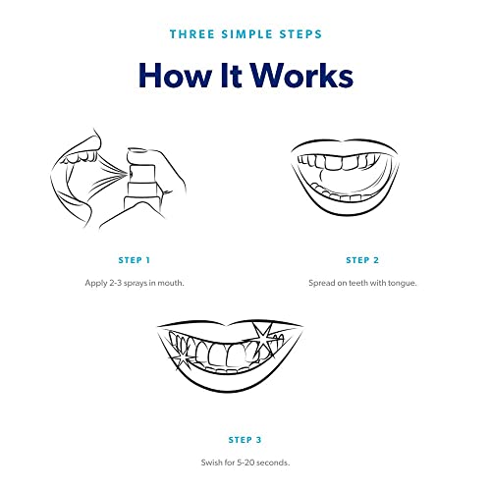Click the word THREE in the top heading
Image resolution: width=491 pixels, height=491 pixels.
[x=192, y=34]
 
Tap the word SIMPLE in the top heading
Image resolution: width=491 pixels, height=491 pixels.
[x=246, y=34]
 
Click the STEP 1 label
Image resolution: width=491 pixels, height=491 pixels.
[x=135, y=260]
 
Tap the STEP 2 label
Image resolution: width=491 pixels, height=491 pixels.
[x=362, y=260]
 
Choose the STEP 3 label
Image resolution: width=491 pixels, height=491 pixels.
[x=245, y=440]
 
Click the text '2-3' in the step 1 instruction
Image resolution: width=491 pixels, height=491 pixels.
[x=115, y=283]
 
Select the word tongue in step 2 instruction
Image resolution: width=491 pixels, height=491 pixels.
[x=403, y=283]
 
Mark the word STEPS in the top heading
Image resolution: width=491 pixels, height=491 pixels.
[x=300, y=34]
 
